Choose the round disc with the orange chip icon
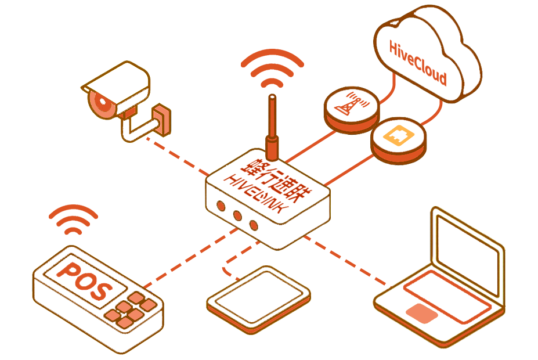pyautogui.click(x=399, y=138)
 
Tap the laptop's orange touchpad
pyautogui.click(x=422, y=313)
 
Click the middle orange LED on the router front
pyautogui.click(x=237, y=215)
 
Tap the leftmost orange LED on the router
pyautogui.click(x=221, y=206)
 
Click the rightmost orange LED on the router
pyautogui.click(x=254, y=225)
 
